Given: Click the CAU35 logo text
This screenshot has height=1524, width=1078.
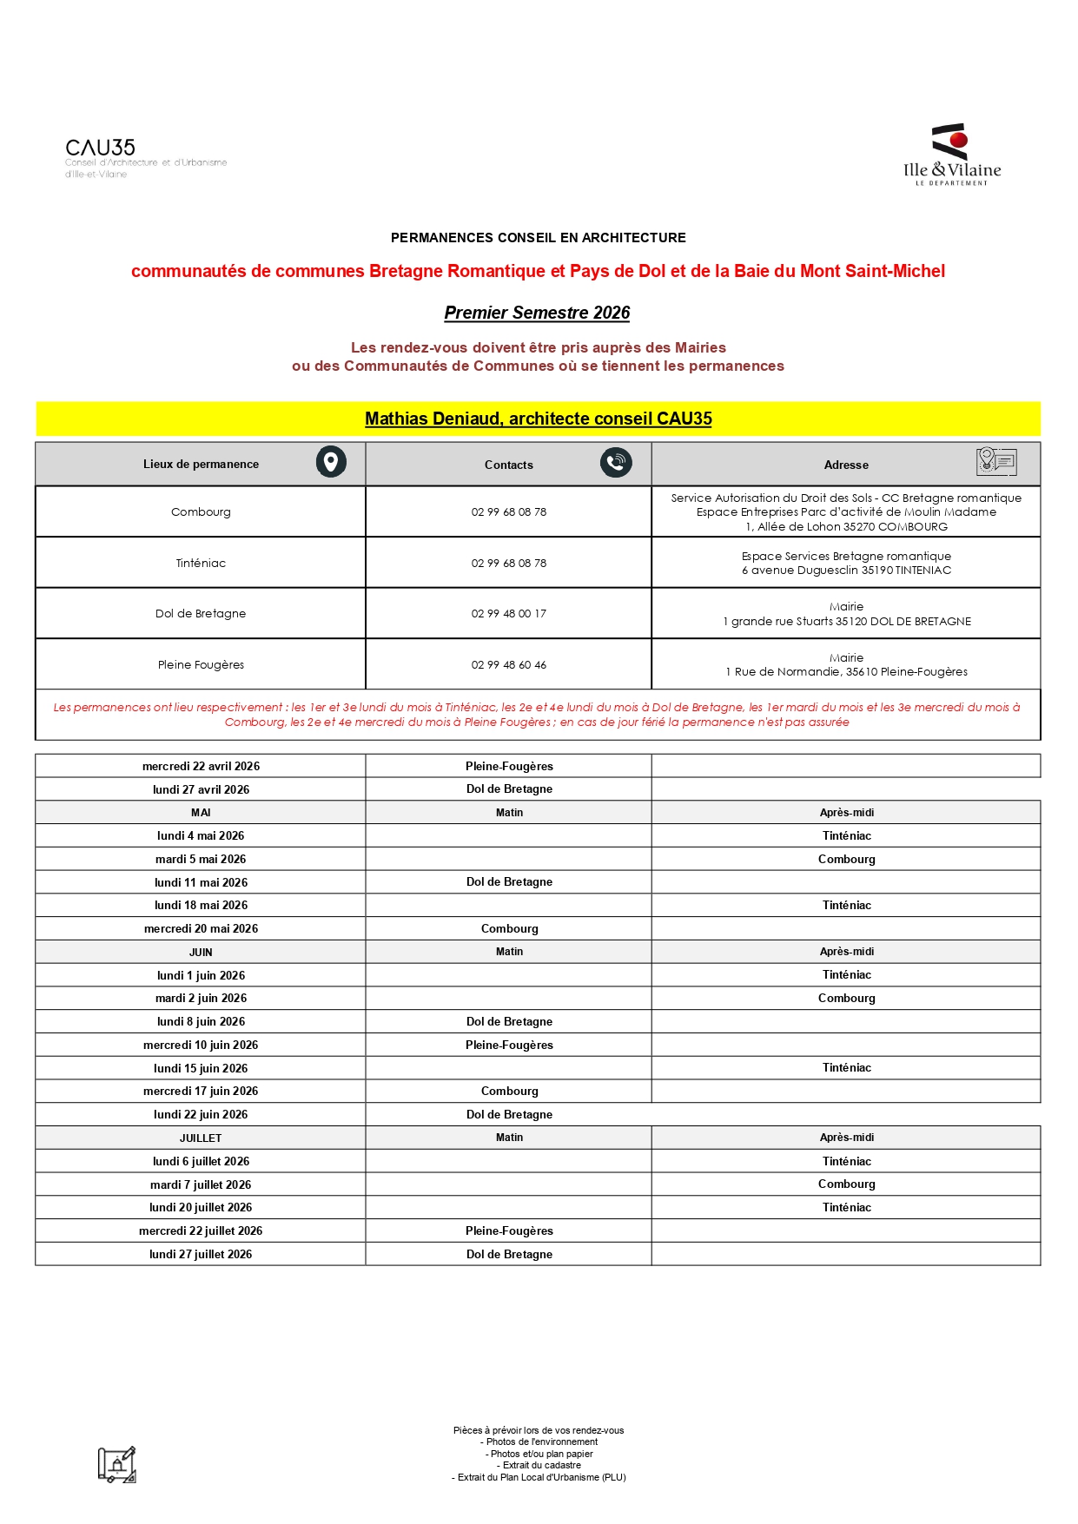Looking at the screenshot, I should pyautogui.click(x=101, y=148).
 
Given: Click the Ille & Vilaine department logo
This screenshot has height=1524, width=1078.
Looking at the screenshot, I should pyautogui.click(x=952, y=155).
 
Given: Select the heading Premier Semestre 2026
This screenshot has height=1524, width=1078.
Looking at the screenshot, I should pyautogui.click(x=537, y=313).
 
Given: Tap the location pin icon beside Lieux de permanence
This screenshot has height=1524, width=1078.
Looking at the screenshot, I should pyautogui.click(x=331, y=462).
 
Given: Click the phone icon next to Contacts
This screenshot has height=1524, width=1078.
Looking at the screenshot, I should pyautogui.click(x=616, y=462).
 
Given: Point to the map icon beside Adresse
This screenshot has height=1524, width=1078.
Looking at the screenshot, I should pyautogui.click(x=995, y=461).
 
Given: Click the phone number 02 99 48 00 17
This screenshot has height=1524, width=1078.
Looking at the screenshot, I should pyautogui.click(x=509, y=614).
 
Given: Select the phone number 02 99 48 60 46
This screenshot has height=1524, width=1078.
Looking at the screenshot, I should pyautogui.click(x=509, y=665).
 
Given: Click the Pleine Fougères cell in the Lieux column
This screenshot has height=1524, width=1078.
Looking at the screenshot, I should pyautogui.click(x=201, y=665).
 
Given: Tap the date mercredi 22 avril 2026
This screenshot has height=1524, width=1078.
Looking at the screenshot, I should pyautogui.click(x=201, y=767).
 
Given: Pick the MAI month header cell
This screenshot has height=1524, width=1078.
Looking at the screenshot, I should pyautogui.click(x=201, y=813).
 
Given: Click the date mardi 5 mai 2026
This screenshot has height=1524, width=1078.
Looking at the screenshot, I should pyautogui.click(x=201, y=860).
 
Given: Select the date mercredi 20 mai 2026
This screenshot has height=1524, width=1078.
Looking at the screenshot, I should pyautogui.click(x=201, y=929).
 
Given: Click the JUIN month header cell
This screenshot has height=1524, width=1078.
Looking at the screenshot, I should pyautogui.click(x=201, y=953).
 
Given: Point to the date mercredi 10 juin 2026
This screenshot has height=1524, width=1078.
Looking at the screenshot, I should pyautogui.click(x=201, y=1046).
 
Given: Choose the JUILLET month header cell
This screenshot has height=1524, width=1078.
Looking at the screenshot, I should pyautogui.click(x=201, y=1138).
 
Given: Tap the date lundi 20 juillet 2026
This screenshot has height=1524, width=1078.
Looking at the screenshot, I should pyautogui.click(x=201, y=1208).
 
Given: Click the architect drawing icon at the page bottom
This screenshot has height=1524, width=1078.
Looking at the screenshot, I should pyautogui.click(x=117, y=1465).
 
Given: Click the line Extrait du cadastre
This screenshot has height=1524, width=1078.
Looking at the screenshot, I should pyautogui.click(x=539, y=1466).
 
